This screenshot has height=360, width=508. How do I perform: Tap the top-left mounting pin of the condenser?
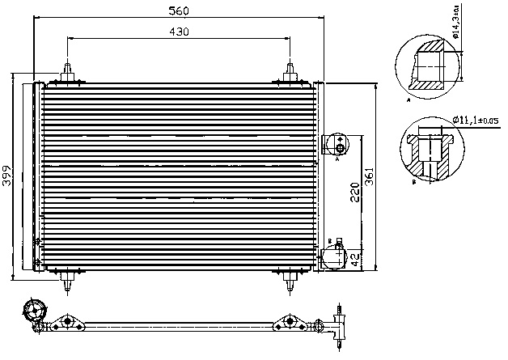pyautogui.click(x=68, y=69)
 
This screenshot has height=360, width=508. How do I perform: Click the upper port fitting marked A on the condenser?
pyautogui.click(x=335, y=145)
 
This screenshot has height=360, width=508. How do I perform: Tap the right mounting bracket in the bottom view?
pyautogui.click(x=287, y=324)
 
